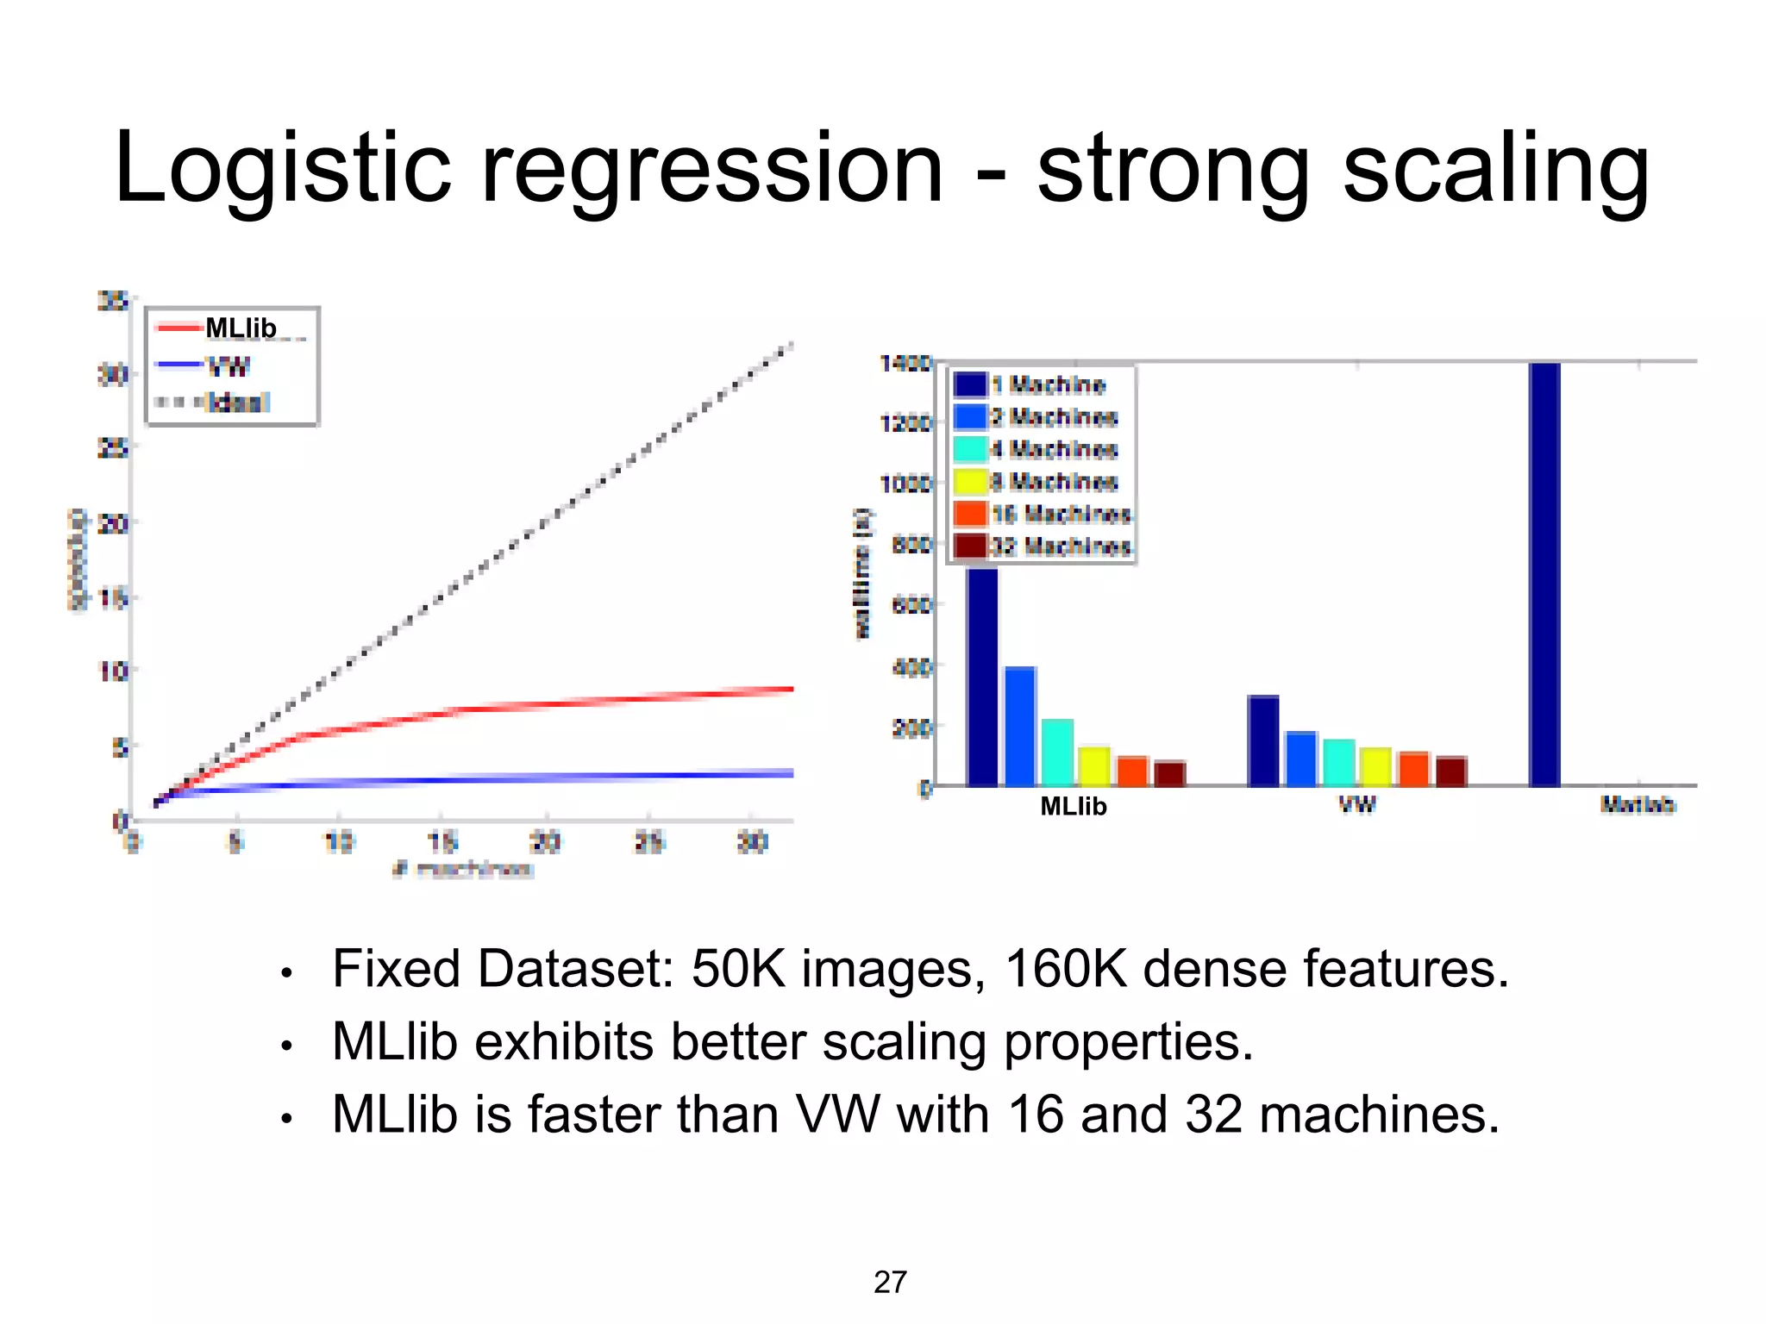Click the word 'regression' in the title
pyautogui.click(x=711, y=169)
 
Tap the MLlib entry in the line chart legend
pyautogui.click(x=241, y=328)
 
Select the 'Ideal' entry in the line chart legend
pyautogui.click(x=238, y=403)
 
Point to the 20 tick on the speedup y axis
pyautogui.click(x=113, y=523)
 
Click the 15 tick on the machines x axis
pyautogui.click(x=442, y=841)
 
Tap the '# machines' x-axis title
pyautogui.click(x=463, y=869)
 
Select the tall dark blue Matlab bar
pyautogui.click(x=1544, y=573)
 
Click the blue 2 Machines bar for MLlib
pyautogui.click(x=1020, y=726)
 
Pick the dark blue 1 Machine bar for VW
pyautogui.click(x=1263, y=740)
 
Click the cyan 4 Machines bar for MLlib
pyautogui.click(x=1057, y=752)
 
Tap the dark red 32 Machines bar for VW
pyautogui.click(x=1451, y=771)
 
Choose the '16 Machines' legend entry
pyautogui.click(x=1061, y=515)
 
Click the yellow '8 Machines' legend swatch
pyautogui.click(x=970, y=482)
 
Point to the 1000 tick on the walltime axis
pyautogui.click(x=905, y=484)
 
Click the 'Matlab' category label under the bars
pyautogui.click(x=1638, y=805)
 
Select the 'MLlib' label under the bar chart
pyautogui.click(x=1074, y=806)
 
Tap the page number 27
pyautogui.click(x=890, y=1282)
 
